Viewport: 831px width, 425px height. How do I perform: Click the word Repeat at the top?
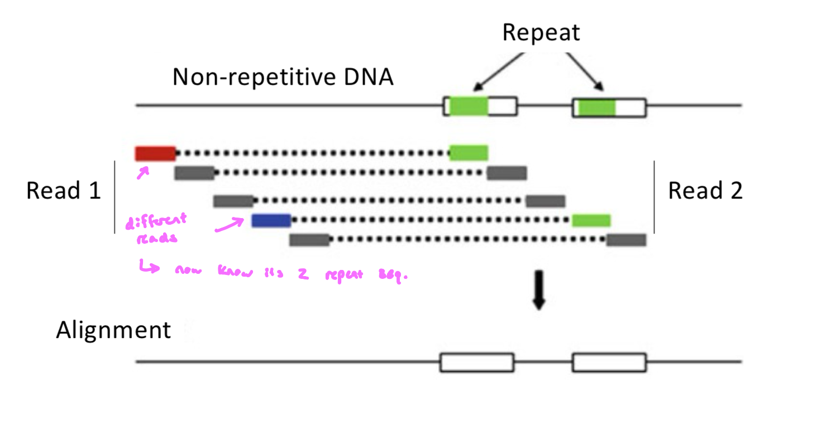(x=541, y=33)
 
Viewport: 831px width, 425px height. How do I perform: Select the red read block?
(x=155, y=153)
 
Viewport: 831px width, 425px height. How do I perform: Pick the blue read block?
(x=271, y=220)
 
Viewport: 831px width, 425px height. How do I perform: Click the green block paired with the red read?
(x=469, y=153)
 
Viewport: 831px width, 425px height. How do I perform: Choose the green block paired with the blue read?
(x=591, y=220)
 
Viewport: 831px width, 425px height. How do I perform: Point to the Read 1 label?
(x=63, y=191)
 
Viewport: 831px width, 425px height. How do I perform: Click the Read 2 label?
(x=705, y=191)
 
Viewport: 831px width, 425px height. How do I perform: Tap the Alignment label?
(x=113, y=330)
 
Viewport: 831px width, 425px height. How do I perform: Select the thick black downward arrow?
(x=538, y=289)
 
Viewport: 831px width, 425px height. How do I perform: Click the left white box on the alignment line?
(x=476, y=362)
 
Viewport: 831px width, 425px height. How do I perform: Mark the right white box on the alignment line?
(x=609, y=362)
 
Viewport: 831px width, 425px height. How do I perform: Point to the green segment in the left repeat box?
(x=469, y=106)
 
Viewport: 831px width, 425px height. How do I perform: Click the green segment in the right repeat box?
(x=596, y=107)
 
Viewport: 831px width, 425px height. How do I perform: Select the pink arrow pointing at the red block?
(x=144, y=173)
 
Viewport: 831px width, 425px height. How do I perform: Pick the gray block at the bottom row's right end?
(x=626, y=240)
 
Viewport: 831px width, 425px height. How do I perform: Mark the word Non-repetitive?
(x=249, y=78)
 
